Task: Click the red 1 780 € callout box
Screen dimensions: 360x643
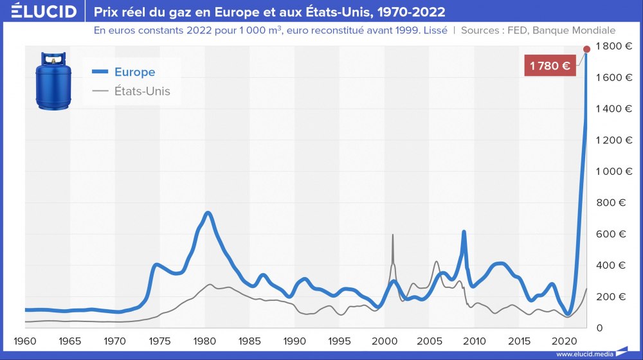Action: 550,65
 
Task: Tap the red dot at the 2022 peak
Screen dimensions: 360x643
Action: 586,49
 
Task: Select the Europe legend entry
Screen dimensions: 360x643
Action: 134,72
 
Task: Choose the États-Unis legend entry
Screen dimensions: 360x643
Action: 142,91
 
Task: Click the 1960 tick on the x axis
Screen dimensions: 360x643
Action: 25,340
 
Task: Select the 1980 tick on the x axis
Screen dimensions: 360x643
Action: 204,340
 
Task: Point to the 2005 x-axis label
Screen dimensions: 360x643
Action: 430,340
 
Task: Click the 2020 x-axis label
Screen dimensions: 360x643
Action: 565,340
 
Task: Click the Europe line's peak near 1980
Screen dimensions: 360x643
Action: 207,213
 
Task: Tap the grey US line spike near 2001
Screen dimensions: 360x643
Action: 393,235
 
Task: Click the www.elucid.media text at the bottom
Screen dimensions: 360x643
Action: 583,354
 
